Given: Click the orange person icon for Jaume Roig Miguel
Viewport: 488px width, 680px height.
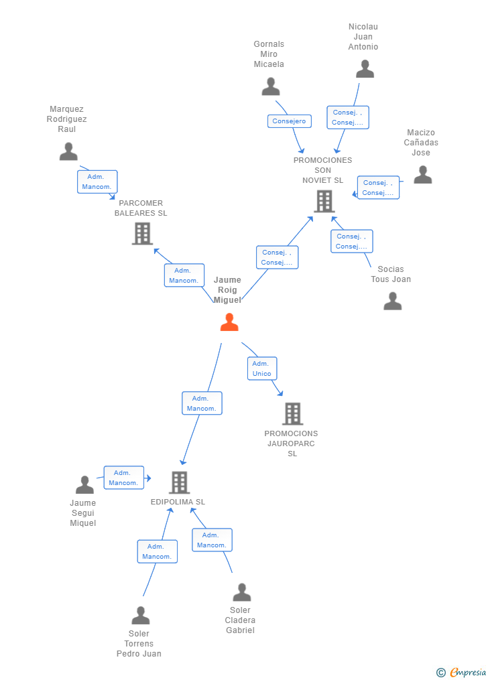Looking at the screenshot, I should click(229, 322).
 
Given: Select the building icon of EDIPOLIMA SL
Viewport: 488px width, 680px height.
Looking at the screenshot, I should click(179, 482).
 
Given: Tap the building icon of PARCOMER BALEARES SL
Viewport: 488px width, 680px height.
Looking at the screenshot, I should click(142, 234).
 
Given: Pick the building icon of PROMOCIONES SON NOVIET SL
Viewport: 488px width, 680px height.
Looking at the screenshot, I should click(324, 201).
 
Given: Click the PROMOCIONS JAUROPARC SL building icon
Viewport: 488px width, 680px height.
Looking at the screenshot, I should click(292, 414).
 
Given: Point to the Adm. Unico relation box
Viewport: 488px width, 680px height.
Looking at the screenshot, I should click(262, 368).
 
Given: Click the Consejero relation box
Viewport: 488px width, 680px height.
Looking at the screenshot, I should click(290, 121).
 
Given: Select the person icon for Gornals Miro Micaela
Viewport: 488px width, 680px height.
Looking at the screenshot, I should click(271, 86).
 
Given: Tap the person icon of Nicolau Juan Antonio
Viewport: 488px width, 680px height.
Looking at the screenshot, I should click(365, 69).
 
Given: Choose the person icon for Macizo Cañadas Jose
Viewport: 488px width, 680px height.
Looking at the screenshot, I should click(423, 175).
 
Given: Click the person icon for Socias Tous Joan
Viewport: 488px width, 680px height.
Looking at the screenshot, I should click(393, 301).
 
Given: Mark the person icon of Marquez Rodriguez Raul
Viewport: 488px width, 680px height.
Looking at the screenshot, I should click(68, 152).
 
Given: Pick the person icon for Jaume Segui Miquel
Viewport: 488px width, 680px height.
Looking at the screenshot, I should click(84, 484).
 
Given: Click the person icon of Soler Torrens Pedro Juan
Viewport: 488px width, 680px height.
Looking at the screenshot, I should click(141, 615).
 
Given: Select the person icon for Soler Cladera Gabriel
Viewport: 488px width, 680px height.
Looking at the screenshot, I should click(242, 592).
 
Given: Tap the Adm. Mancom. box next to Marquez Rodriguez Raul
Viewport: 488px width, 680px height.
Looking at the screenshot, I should click(97, 182).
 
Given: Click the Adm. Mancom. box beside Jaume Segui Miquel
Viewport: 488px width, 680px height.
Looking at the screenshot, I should click(124, 478).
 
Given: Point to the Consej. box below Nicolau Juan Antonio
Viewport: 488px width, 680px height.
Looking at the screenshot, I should click(348, 117).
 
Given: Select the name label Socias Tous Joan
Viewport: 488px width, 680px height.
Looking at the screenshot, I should click(391, 274).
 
